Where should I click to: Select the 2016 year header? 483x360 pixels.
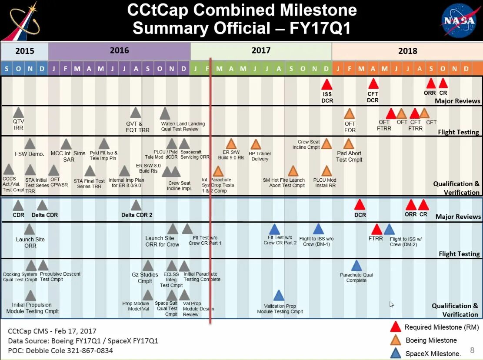coord(119,50)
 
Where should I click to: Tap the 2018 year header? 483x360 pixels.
coord(407,51)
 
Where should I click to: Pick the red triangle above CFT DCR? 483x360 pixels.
coord(373,84)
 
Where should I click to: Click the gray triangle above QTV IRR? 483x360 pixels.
coord(18,113)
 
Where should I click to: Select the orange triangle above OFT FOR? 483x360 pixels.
coord(350,114)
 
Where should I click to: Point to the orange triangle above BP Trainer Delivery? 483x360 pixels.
coord(256,144)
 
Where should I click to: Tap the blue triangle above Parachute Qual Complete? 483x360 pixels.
coord(356,266)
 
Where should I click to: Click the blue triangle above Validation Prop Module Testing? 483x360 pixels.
coord(279,296)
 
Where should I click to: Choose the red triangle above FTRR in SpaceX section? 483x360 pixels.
coord(376,230)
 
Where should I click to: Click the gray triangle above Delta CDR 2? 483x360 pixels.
coord(136,205)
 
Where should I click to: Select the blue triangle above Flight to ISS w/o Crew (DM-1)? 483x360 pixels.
coord(318,229)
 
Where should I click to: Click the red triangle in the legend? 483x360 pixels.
coord(396,327)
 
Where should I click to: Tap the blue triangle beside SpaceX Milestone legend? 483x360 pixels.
coord(396,353)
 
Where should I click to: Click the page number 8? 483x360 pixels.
coord(472,350)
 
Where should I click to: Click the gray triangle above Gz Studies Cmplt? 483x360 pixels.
coord(148,266)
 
